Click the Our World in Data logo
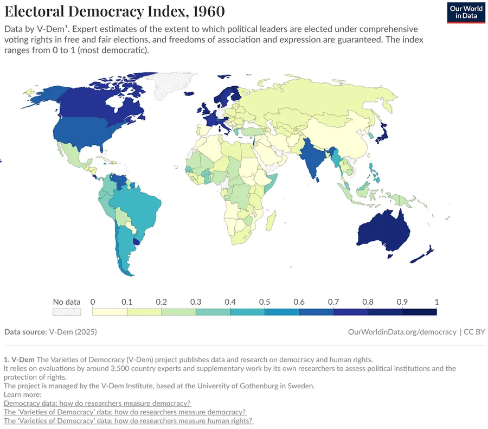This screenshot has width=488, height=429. (x=465, y=12)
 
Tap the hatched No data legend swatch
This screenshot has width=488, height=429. (x=67, y=312)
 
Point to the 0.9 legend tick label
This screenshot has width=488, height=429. (x=402, y=302)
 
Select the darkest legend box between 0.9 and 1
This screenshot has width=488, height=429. (x=419, y=312)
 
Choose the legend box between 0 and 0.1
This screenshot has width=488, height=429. (x=110, y=312)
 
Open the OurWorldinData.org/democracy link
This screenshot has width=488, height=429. (x=402, y=331)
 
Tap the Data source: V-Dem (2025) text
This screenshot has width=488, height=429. (x=50, y=331)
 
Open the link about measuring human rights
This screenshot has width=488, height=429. (x=129, y=420)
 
